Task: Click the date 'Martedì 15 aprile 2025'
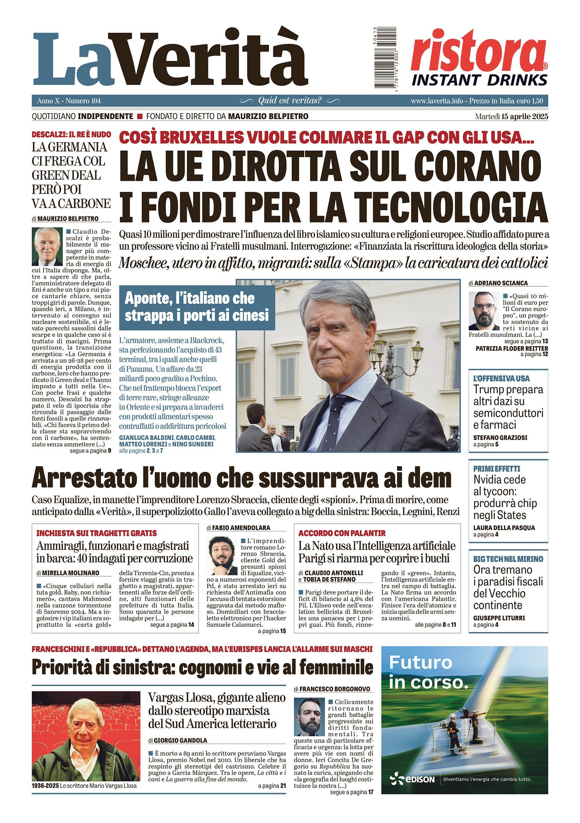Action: tap(512, 116)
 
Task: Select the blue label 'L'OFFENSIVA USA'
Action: tap(496, 378)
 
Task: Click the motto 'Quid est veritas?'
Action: tap(290, 101)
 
